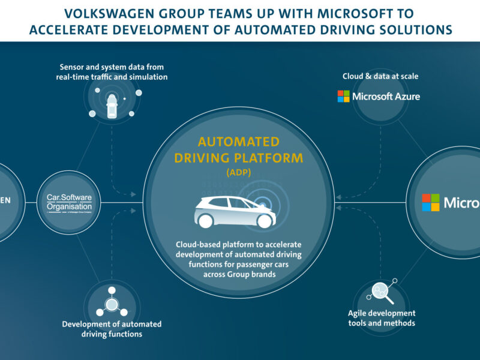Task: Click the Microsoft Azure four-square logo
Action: click(343, 96)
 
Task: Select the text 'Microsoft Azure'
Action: click(386, 96)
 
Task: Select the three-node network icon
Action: click(112, 304)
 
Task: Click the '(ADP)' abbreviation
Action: click(238, 172)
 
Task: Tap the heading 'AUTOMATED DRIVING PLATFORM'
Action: click(238, 150)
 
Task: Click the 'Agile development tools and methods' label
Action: click(382, 318)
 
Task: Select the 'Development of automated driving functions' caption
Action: click(112, 329)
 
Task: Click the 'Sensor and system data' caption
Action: click(112, 72)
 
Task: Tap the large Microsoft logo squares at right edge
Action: click(430, 202)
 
